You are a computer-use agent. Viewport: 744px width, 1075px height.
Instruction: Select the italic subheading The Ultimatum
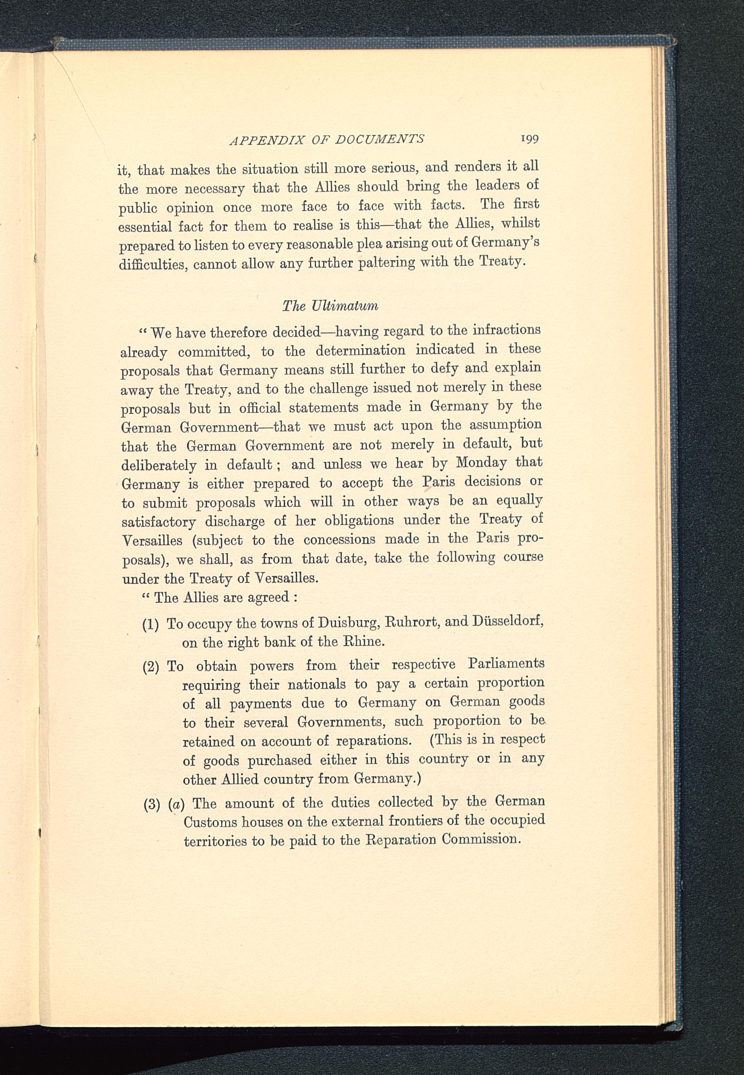tap(330, 306)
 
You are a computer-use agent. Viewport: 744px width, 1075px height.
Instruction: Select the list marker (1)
tap(151, 625)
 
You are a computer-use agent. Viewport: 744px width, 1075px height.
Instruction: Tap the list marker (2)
tap(151, 667)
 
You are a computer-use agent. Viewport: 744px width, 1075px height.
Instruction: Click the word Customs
tap(208, 823)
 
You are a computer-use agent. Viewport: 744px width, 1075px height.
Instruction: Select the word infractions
tap(507, 330)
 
